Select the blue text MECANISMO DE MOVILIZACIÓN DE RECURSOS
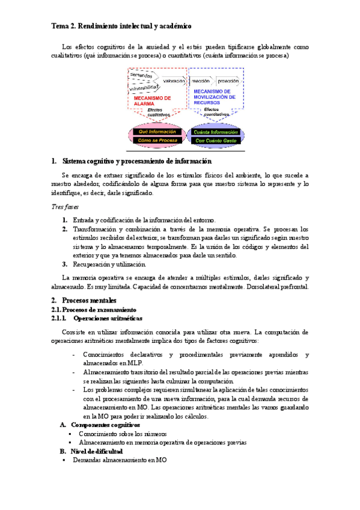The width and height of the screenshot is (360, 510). tap(215, 97)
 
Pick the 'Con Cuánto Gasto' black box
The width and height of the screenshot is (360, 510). tap(216, 140)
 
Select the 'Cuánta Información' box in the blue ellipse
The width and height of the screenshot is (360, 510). tap(216, 131)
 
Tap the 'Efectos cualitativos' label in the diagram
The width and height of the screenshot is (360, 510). tap(155, 112)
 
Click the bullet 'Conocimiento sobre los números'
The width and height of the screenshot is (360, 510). tap(122, 433)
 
